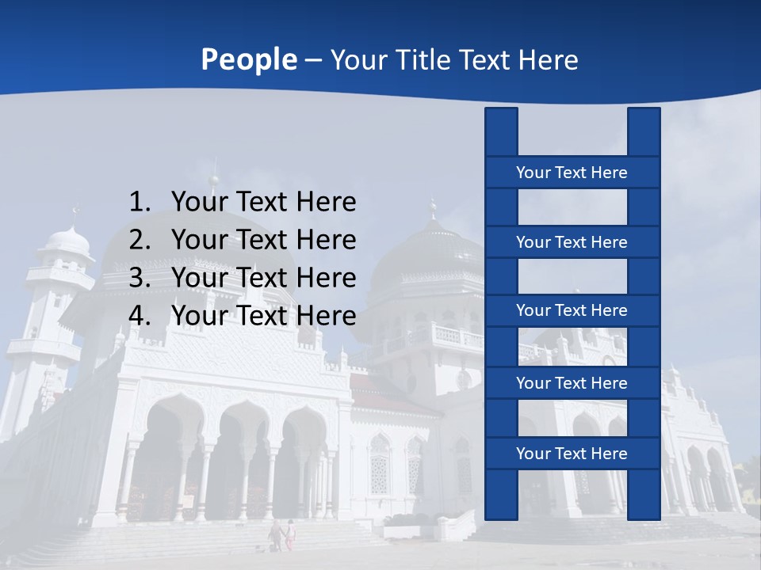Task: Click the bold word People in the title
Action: (x=248, y=59)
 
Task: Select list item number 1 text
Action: (x=263, y=203)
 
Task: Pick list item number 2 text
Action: (x=263, y=240)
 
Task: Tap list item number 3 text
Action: (x=263, y=278)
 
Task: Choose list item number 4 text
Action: (x=263, y=316)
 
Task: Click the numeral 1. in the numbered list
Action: (x=140, y=203)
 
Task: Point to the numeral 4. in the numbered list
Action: (x=140, y=316)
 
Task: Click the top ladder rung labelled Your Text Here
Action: (x=572, y=173)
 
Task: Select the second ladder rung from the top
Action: (x=572, y=242)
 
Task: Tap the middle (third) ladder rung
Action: (x=572, y=310)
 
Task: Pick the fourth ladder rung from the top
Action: (x=572, y=383)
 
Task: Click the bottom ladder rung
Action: (x=572, y=454)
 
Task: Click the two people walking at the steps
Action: (x=282, y=535)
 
